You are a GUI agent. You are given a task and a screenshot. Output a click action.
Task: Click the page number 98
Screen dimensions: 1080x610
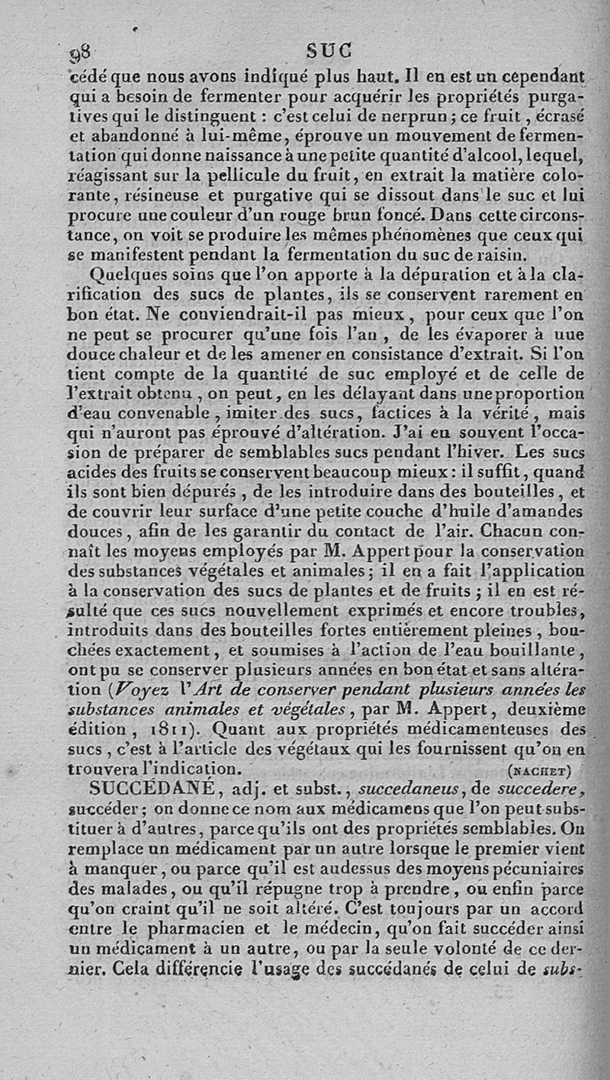[x=80, y=53]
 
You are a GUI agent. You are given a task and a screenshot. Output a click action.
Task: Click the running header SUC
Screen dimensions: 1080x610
[x=329, y=51]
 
